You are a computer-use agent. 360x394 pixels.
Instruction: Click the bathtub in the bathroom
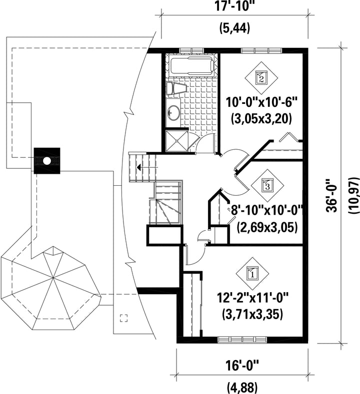[x=192, y=66]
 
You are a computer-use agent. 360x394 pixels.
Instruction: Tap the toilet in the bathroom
[x=176, y=88]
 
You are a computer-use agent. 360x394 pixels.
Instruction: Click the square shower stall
[x=177, y=140]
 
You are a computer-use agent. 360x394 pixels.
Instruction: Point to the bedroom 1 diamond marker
[x=252, y=273]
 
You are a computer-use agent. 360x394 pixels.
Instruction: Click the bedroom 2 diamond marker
[x=261, y=78]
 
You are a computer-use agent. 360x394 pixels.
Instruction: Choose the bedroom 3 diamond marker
[x=267, y=185]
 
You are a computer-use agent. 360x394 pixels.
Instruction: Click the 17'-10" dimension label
[x=234, y=6]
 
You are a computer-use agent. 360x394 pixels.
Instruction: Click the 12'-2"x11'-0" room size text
[x=252, y=299]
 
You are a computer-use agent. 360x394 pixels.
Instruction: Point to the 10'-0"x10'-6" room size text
[x=261, y=102]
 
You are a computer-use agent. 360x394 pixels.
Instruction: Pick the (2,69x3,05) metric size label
[x=267, y=227]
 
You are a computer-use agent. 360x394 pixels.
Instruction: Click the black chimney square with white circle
[x=47, y=161]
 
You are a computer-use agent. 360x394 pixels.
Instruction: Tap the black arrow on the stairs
[x=138, y=167]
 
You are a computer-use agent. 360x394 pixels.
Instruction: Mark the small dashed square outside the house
[x=123, y=318]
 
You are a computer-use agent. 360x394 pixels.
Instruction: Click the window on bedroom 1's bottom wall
[x=243, y=340]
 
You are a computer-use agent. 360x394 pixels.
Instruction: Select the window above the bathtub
[x=191, y=51]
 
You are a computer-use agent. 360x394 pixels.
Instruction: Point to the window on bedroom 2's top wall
[x=261, y=51]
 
